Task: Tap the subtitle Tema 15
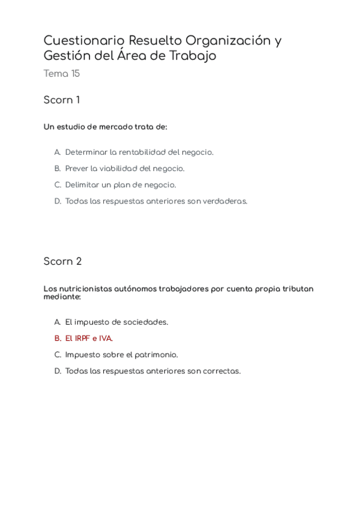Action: click(x=61, y=74)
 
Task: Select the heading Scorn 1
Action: click(x=61, y=100)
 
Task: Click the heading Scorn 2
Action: click(x=62, y=261)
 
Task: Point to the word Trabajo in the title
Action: click(x=194, y=56)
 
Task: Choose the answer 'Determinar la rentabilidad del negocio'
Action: click(x=139, y=152)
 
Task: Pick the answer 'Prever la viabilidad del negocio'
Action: click(x=125, y=169)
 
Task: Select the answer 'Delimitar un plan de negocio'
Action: click(x=121, y=185)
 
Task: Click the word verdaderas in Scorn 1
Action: click(x=224, y=201)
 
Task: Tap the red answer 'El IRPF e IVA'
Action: click(x=89, y=338)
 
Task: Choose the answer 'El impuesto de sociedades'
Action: click(x=116, y=322)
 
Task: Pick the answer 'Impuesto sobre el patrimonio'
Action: click(x=121, y=354)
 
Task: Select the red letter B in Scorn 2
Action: click(x=58, y=338)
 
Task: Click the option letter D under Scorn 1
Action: click(x=58, y=201)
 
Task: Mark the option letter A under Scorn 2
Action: click(x=58, y=322)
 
